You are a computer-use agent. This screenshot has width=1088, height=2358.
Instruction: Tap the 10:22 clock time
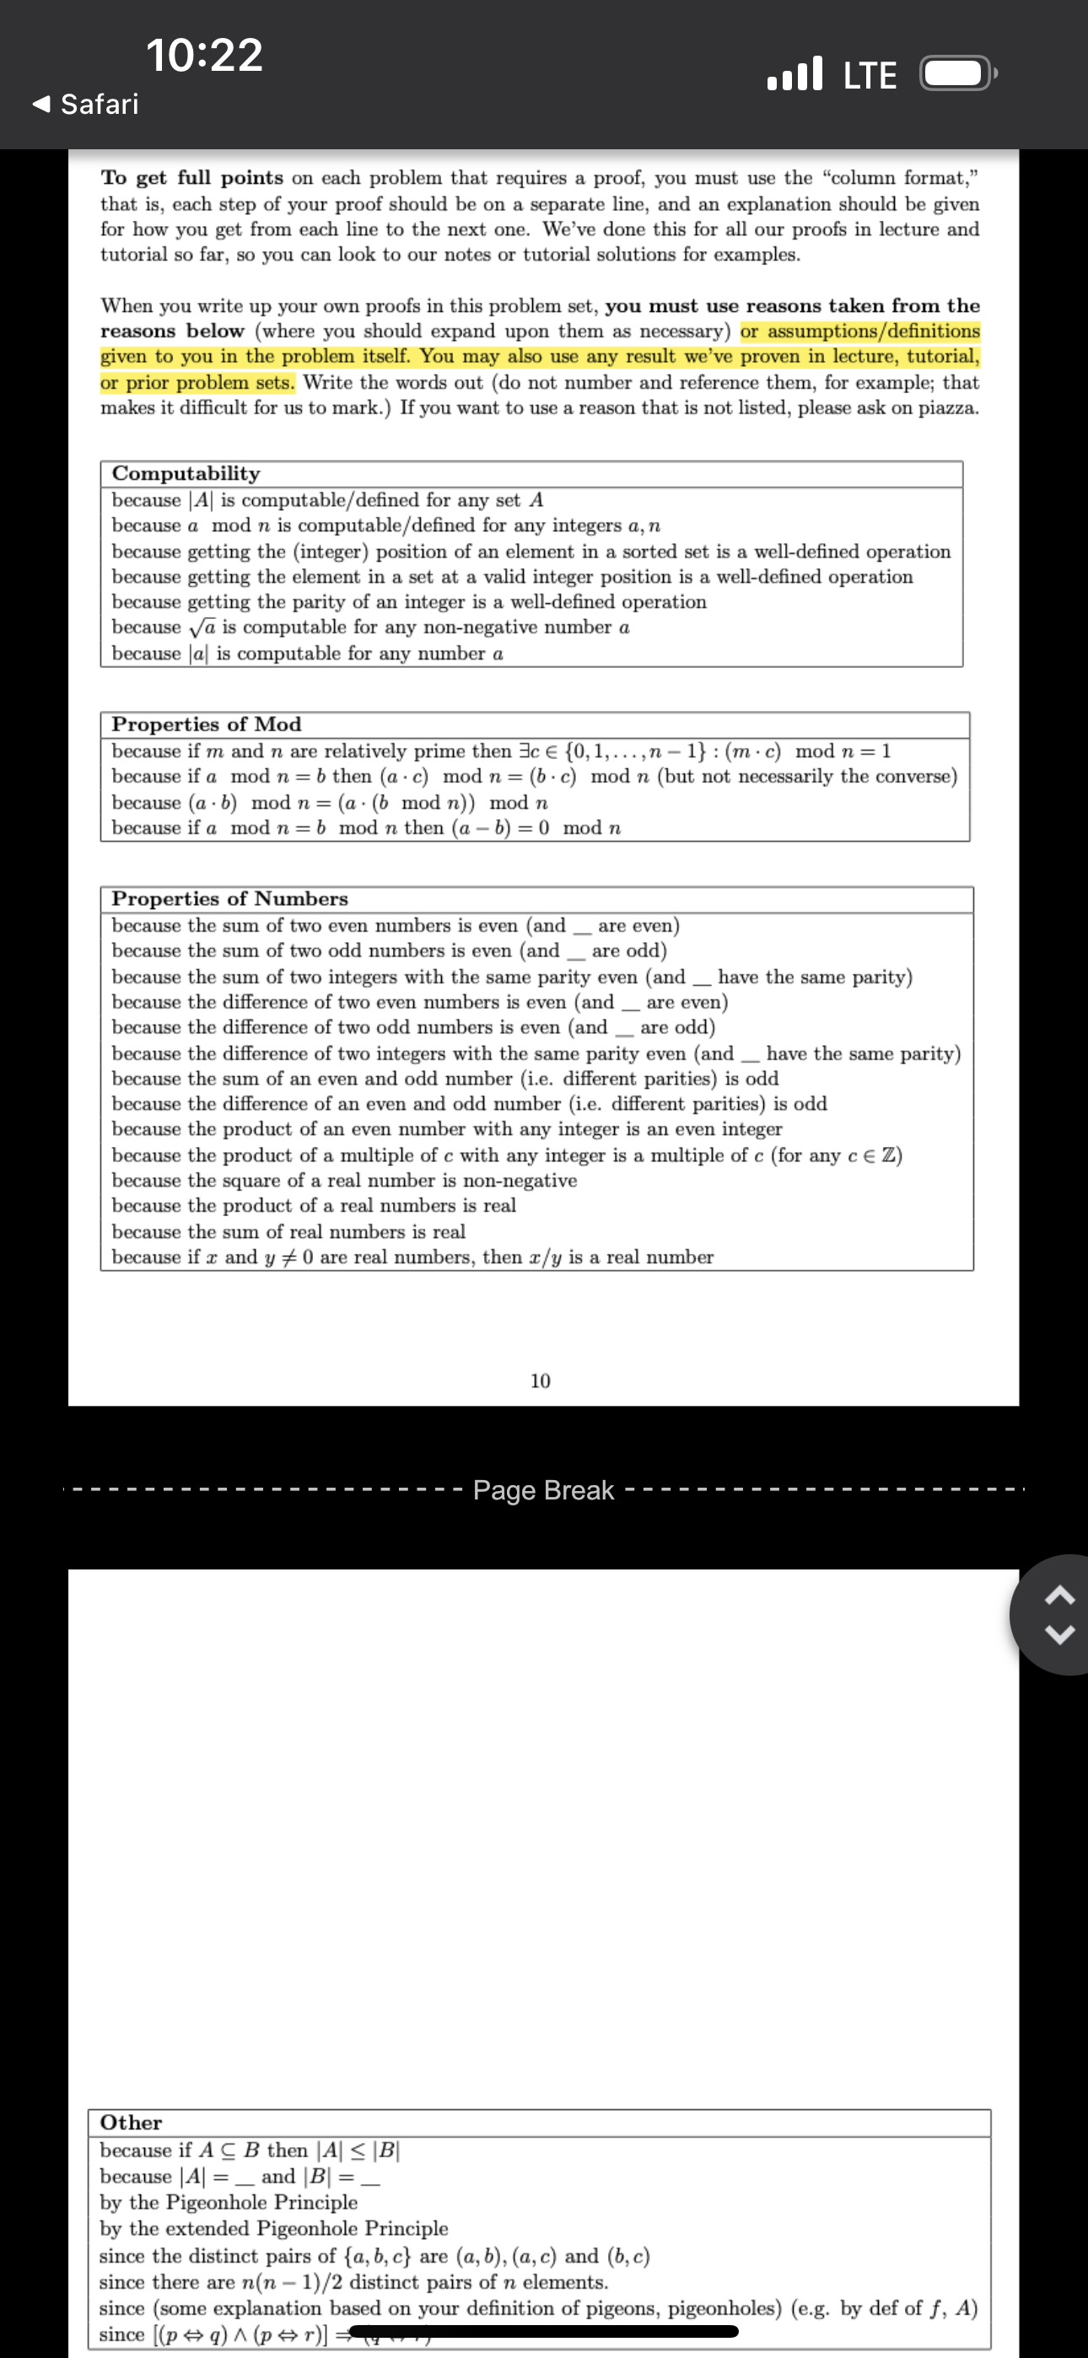204,55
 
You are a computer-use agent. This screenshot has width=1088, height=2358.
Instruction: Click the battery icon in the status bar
957,74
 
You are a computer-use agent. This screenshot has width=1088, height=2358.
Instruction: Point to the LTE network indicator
869,75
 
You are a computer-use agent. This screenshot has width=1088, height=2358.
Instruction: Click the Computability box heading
186,473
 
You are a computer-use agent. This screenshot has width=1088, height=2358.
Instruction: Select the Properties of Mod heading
206,724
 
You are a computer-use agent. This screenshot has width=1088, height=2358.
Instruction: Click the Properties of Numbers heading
230,899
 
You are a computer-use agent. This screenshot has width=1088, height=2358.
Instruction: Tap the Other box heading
131,2123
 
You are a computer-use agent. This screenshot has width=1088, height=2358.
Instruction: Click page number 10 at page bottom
541,1381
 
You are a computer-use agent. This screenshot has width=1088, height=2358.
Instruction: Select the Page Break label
543,1490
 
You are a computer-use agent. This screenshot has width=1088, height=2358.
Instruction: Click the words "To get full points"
192,178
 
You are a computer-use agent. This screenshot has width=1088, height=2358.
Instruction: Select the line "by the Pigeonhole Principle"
229,2201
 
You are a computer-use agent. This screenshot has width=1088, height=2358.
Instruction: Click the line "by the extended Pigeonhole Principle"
274,2228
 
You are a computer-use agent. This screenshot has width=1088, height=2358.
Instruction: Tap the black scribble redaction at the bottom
541,2332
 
